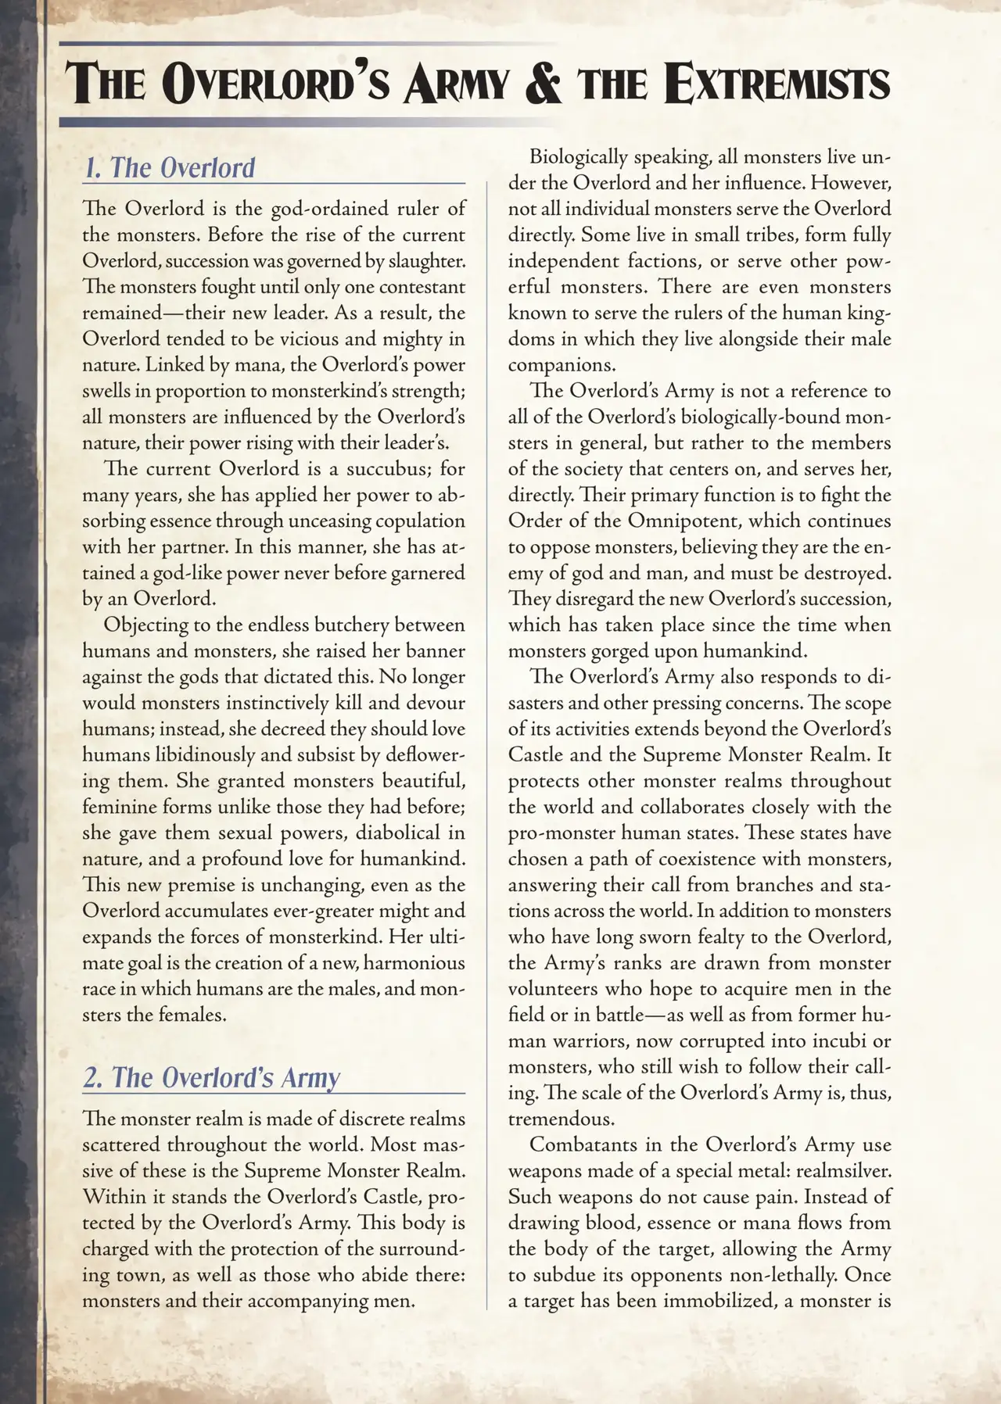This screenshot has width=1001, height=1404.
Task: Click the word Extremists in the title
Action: pyautogui.click(x=778, y=84)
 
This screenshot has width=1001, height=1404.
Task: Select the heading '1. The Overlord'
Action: pyautogui.click(x=170, y=168)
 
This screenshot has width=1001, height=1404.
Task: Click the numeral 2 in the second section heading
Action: pyautogui.click(x=92, y=1077)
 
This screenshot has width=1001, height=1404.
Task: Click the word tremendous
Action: pyautogui.click(x=564, y=1119)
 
